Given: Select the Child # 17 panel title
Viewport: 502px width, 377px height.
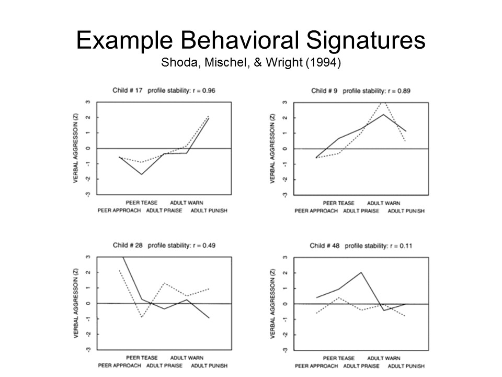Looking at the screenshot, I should point(128,91).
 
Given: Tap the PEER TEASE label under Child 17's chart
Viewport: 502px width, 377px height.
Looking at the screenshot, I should point(141,203).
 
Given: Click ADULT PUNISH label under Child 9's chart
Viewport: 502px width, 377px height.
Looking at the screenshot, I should point(406,210).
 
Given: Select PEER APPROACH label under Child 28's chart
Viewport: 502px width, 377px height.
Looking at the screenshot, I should point(119,365).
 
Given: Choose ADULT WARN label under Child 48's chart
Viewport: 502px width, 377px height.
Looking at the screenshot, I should point(384,358).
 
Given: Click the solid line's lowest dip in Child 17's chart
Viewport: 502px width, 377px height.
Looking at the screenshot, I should point(142,174).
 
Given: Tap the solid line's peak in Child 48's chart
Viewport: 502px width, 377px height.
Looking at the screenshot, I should point(361,272).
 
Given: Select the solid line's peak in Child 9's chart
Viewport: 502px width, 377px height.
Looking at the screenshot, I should point(383,114).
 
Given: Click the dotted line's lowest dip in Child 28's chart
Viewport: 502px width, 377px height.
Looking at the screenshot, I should point(142,317).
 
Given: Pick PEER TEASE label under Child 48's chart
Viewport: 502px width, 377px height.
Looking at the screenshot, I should point(338,358).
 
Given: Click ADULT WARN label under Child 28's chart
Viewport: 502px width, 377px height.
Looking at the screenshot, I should point(187,358).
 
